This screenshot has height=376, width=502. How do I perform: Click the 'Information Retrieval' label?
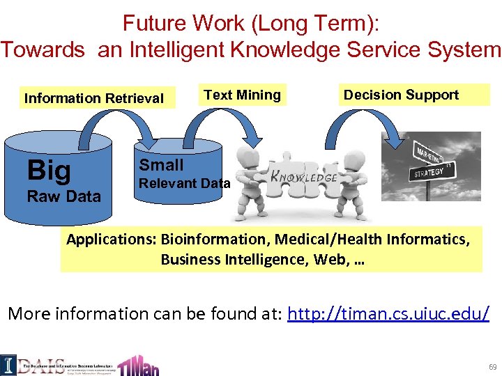pyautogui.click(x=94, y=98)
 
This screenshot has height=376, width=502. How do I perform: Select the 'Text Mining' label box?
pyautogui.click(x=242, y=95)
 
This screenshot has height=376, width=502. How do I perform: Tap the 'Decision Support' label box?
pyautogui.click(x=402, y=95)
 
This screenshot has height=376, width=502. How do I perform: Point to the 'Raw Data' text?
pyautogui.click(x=63, y=196)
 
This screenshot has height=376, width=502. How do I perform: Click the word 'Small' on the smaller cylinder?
pyautogui.click(x=161, y=165)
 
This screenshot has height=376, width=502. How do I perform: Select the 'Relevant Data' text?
pyautogui.click(x=185, y=184)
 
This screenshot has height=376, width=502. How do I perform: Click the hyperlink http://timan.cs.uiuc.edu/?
pyautogui.click(x=388, y=313)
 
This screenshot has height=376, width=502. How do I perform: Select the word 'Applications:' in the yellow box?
pyautogui.click(x=112, y=240)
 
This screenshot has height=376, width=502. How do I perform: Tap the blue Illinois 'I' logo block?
pyautogui.click(x=8, y=363)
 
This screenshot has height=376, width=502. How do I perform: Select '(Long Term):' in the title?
pyautogui.click(x=317, y=23)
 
